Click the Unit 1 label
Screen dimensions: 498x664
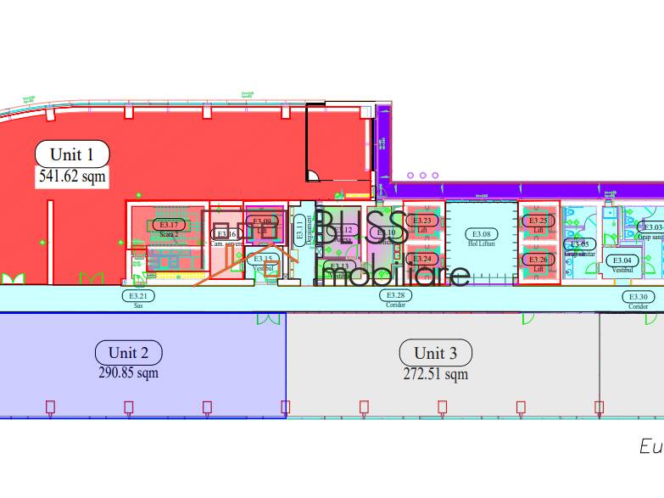tap(72, 154)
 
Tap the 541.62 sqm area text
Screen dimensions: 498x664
tap(72, 176)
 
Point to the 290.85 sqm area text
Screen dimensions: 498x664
tap(129, 372)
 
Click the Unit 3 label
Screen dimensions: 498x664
tap(436, 353)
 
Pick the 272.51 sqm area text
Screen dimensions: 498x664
tap(436, 373)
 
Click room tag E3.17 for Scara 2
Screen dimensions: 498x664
tap(169, 225)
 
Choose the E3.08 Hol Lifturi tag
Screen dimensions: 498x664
tap(481, 233)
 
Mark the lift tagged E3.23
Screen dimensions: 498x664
tap(422, 221)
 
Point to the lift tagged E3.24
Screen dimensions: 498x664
tap(422, 259)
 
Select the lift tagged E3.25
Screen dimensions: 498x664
tap(538, 221)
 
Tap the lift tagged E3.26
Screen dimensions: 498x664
tap(538, 259)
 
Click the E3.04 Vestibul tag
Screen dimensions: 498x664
tap(622, 260)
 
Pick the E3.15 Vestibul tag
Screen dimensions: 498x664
tap(263, 259)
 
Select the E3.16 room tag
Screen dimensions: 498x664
tap(226, 234)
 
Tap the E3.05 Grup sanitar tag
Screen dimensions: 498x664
tap(580, 244)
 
